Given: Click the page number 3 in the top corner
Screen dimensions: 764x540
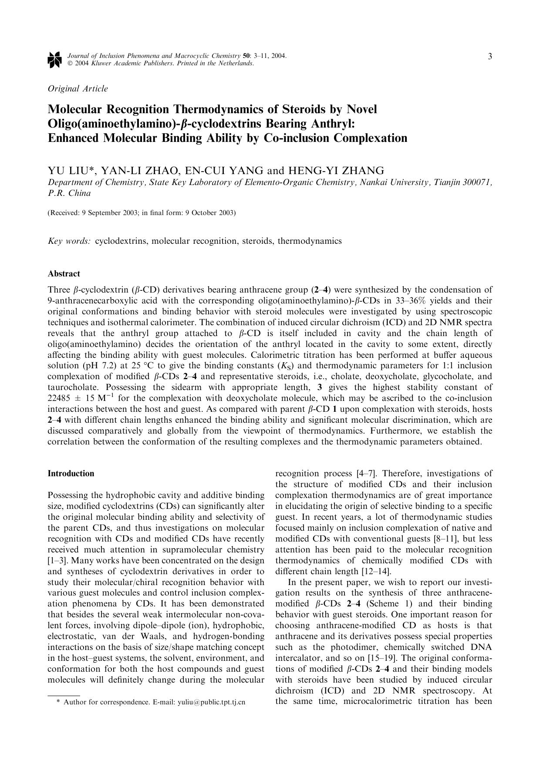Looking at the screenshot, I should [x=490, y=57].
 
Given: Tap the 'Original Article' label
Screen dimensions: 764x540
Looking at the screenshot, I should [x=78, y=89].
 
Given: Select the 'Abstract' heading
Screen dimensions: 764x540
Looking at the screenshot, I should [x=64, y=274].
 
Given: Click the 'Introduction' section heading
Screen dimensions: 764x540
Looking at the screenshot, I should [x=71, y=474].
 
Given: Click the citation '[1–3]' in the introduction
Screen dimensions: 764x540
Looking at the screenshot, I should [x=57, y=561].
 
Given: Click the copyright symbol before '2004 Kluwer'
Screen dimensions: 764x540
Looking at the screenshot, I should [x=70, y=64].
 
